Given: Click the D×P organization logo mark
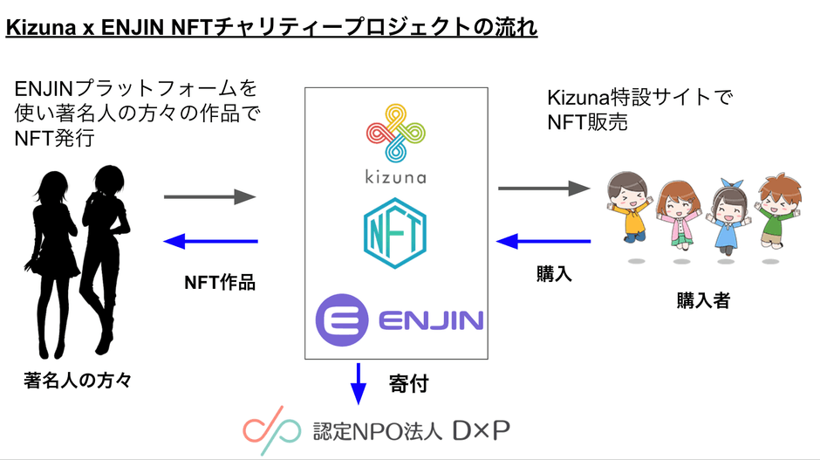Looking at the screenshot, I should pos(267,429).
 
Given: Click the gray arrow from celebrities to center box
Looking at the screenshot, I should pos(210,198).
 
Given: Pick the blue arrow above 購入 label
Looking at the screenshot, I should pos(544,241).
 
